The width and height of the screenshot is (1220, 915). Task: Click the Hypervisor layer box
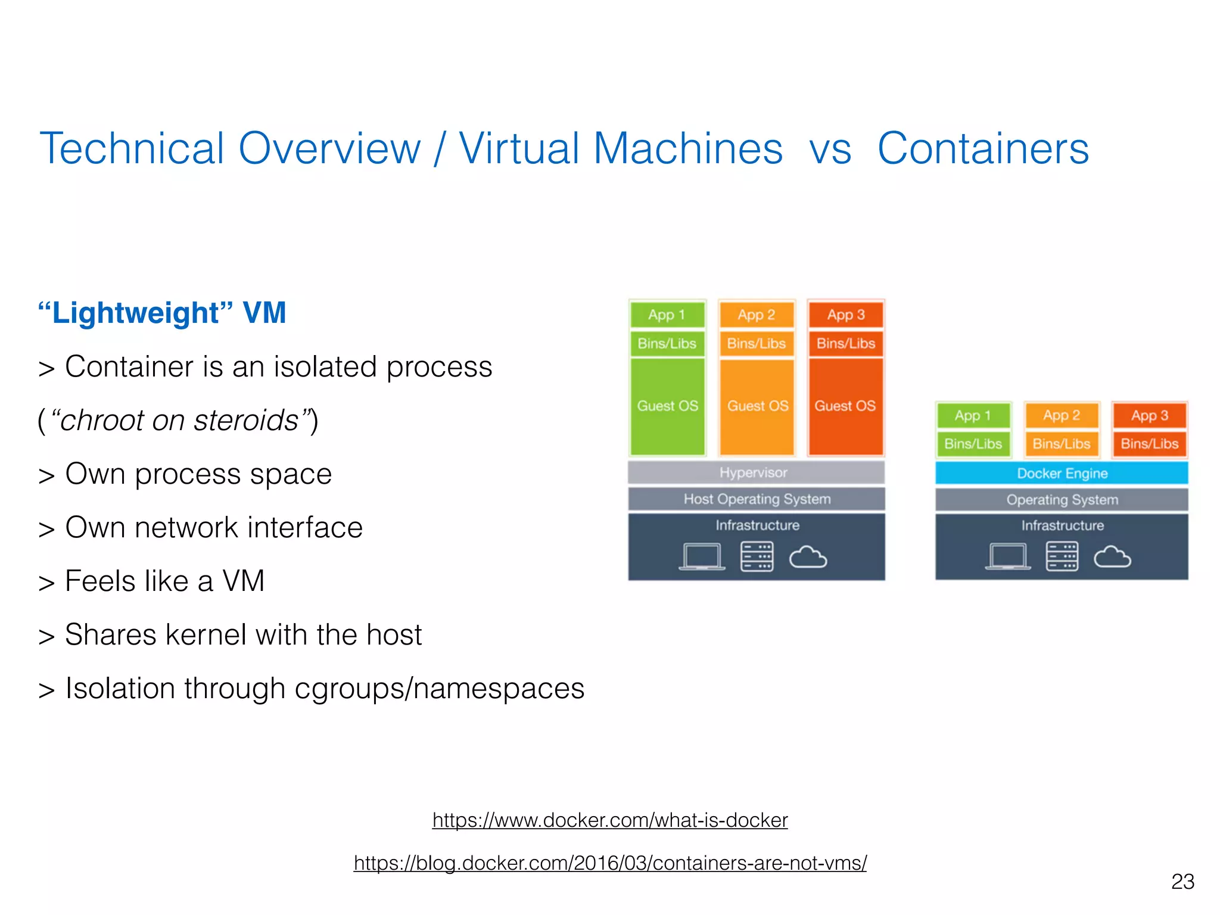click(755, 472)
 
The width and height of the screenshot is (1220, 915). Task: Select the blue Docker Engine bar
click(1062, 474)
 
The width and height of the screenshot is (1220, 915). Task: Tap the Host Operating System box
click(757, 499)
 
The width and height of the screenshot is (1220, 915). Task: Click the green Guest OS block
click(667, 406)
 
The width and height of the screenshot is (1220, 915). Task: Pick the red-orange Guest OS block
click(845, 406)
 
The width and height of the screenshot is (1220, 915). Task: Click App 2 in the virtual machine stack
click(757, 315)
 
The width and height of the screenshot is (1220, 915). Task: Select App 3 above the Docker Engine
click(1150, 415)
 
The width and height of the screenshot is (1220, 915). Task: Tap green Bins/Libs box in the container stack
click(973, 444)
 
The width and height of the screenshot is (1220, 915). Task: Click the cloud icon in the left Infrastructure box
click(808, 558)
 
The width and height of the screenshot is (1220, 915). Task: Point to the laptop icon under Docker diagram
click(1008, 557)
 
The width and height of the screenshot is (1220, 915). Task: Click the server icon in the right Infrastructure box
click(1062, 556)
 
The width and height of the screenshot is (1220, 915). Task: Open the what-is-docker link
click(610, 820)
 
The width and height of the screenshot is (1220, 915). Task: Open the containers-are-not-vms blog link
click(610, 863)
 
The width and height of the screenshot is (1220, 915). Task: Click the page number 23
click(1182, 882)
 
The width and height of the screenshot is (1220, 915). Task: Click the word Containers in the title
click(983, 148)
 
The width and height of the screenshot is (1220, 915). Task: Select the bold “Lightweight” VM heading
click(162, 313)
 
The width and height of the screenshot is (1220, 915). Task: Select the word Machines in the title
click(688, 148)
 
